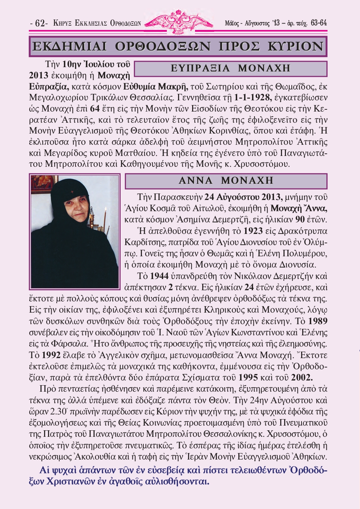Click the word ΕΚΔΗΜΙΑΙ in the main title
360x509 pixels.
(69, 47)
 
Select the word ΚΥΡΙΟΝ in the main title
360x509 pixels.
(295, 47)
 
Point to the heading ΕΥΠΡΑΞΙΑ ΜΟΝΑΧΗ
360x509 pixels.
(230, 68)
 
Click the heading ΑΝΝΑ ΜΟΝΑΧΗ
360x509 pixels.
(226, 180)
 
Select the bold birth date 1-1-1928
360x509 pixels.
(252, 97)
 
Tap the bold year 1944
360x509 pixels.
(159, 276)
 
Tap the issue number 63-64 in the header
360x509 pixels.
(318, 23)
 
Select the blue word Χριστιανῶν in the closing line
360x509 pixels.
(72, 482)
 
